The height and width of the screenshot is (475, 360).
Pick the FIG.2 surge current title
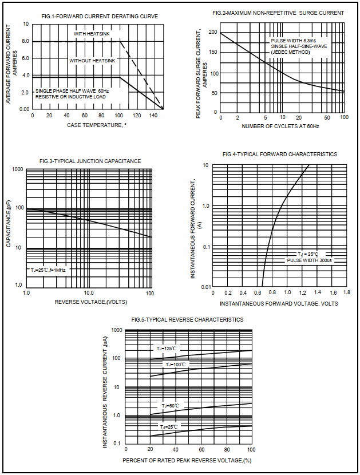coord(278,13)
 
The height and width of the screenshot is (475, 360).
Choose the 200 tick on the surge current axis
coord(213,33)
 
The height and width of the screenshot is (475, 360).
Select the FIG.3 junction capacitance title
coord(90,161)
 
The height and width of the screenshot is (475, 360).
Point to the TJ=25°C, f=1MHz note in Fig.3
coord(49,270)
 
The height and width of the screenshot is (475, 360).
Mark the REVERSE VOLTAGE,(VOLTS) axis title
coord(90,302)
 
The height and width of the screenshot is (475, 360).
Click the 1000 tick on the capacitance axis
coord(17,170)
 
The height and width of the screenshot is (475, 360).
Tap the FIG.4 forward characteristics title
coord(279,155)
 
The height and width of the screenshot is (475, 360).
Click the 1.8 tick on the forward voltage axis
coord(346,292)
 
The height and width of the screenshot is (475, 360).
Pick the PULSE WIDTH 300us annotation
coord(309,260)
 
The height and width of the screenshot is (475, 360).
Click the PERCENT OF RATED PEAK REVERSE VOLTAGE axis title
coord(188,460)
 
